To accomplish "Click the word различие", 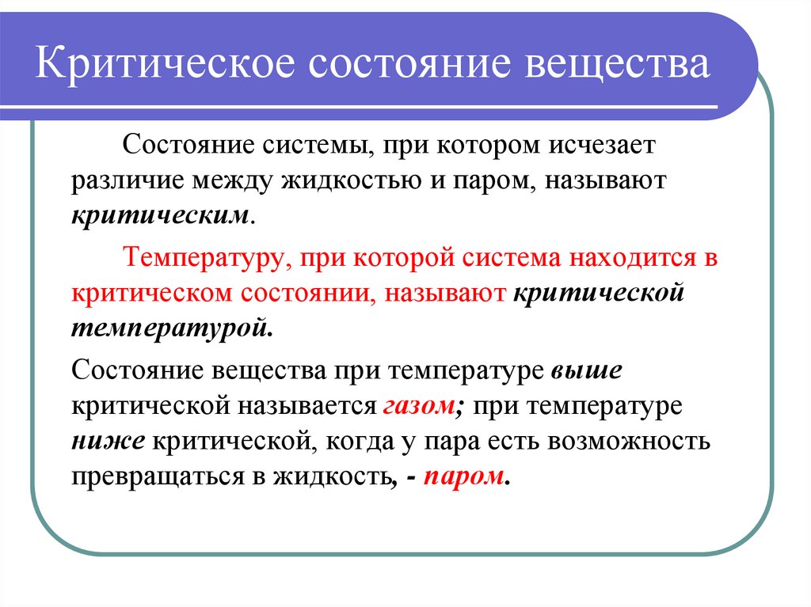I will (127, 180).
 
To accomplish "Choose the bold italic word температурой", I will (171, 328).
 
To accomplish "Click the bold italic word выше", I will (586, 370).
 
